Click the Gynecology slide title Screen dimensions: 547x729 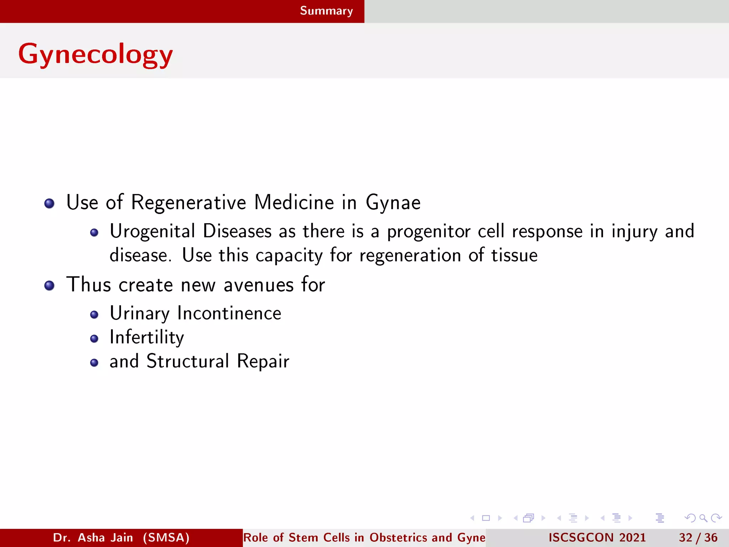pos(95,54)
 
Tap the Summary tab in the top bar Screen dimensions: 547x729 pos(326,11)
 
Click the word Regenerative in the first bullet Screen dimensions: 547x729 pos(188,202)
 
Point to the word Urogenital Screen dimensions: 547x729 pos(152,231)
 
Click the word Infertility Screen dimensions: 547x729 pos(147,337)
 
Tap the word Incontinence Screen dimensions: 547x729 pos(229,313)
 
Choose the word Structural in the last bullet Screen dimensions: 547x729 pos(188,361)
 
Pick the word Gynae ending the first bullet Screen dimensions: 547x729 pos(393,203)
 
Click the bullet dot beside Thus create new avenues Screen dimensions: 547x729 pos(49,286)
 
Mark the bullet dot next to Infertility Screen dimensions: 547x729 pos(94,339)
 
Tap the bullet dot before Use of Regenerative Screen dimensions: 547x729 pos(49,203)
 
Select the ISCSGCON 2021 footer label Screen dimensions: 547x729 pos(597,537)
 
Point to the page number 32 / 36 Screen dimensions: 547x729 pos(698,537)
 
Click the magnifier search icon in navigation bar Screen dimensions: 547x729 pos(703,518)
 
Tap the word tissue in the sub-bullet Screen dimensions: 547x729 pos(514,255)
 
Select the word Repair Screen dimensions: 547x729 pos(263,361)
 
